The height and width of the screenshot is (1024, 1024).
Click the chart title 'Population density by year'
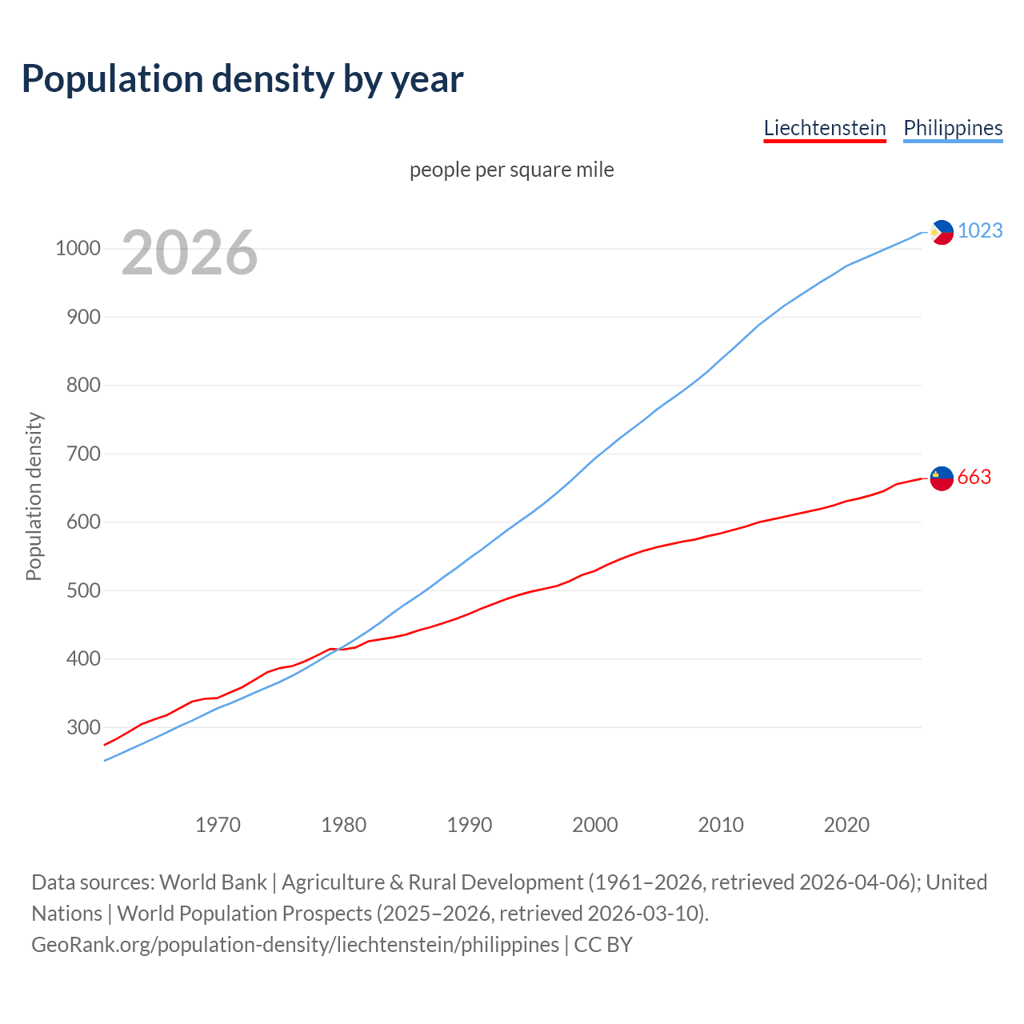click(242, 79)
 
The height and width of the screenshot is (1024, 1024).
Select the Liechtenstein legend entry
click(825, 128)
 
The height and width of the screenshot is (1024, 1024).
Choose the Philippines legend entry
click(953, 128)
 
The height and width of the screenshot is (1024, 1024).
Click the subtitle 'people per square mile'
click(512, 170)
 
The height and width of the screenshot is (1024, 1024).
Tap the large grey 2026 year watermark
click(190, 253)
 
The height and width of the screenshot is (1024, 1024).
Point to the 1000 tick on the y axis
click(78, 249)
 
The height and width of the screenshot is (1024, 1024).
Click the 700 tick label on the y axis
click(83, 454)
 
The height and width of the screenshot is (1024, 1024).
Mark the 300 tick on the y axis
click(83, 727)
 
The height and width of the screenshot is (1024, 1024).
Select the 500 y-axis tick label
click(83, 590)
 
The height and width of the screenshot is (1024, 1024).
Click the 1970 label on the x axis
click(218, 825)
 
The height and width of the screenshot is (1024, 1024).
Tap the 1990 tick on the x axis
click(470, 825)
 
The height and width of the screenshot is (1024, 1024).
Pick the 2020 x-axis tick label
click(846, 825)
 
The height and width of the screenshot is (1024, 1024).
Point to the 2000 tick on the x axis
click(595, 825)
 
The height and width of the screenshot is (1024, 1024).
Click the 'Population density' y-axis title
click(34, 496)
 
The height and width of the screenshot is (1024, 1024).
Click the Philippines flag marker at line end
click(942, 232)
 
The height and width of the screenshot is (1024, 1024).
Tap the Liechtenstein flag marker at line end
click(942, 478)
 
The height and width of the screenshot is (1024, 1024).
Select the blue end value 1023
click(980, 230)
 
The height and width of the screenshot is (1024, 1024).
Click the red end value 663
click(974, 477)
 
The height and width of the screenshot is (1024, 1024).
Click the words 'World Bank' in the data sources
click(213, 882)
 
